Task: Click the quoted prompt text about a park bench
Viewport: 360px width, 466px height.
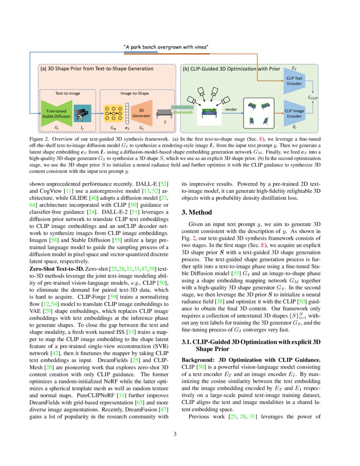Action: pos(166,47)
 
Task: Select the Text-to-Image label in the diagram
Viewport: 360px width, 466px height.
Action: pos(67,94)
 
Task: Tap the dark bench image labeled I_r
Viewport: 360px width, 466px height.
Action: pos(82,112)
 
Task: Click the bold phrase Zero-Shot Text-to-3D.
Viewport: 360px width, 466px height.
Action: pos(56,269)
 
